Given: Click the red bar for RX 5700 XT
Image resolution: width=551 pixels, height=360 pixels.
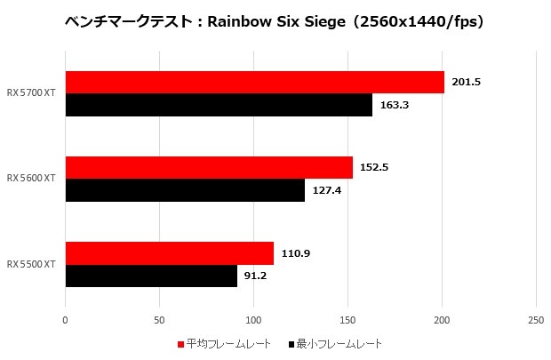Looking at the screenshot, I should [x=254, y=82].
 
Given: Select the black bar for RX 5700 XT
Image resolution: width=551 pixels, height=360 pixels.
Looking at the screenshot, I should [x=219, y=105].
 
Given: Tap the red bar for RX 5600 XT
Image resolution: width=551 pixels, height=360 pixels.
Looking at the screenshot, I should [x=209, y=167].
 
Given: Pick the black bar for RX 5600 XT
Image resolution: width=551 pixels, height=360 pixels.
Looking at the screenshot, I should [x=185, y=190].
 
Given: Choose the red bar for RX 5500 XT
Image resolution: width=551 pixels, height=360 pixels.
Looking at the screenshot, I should [x=170, y=252].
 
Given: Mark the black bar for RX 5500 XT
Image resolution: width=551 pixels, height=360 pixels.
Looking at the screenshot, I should [x=151, y=276].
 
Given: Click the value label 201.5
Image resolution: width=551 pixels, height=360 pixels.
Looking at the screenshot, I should [x=466, y=82].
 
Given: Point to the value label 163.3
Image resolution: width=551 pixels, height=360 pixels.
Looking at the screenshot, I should [x=394, y=105].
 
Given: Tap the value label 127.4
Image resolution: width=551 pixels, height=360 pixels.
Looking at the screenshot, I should [x=326, y=190].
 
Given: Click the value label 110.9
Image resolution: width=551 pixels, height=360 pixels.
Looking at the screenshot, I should [x=295, y=252].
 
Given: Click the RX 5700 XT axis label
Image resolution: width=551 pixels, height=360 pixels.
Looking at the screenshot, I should [x=31, y=92].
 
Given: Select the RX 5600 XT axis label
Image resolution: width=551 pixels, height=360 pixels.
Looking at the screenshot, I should [x=31, y=178].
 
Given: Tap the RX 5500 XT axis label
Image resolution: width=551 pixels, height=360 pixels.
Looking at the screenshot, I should [x=31, y=264].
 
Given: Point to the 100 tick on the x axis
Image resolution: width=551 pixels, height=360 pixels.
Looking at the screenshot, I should [x=253, y=320].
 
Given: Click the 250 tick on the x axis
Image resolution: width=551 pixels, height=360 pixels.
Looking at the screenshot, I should [x=535, y=320].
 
